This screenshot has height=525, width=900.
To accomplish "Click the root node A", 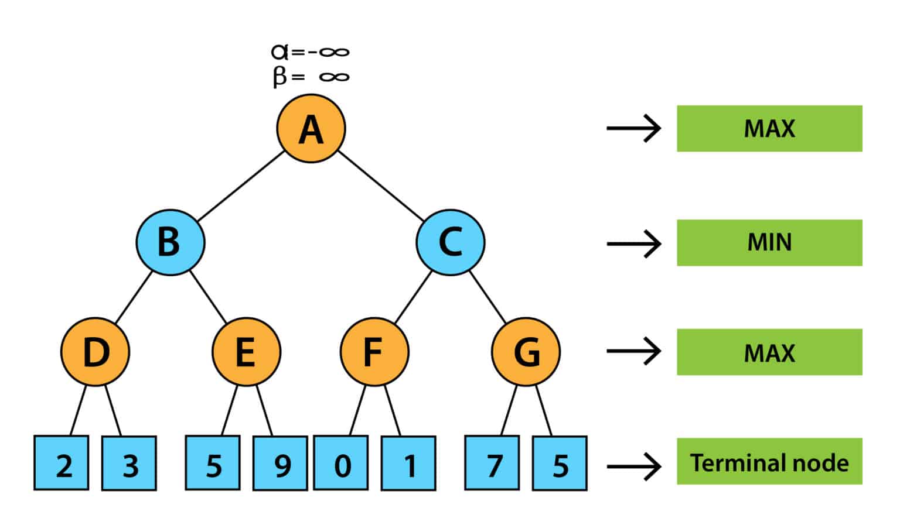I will click(x=311, y=129).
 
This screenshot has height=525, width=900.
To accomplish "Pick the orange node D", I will click(x=95, y=352).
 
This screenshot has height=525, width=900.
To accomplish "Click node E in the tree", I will click(x=246, y=352).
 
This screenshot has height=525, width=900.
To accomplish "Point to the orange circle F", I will click(x=374, y=352).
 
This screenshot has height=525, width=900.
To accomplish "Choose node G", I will click(x=526, y=352).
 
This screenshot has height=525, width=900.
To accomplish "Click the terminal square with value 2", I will click(x=62, y=463).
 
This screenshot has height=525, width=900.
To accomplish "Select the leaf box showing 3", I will click(x=129, y=463).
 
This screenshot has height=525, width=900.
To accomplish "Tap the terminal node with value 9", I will click(x=281, y=463).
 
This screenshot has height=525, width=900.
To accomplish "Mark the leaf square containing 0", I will click(x=341, y=463).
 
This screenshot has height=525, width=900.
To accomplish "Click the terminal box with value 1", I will click(x=408, y=463).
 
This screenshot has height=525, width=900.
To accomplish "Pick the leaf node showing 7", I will click(x=492, y=463).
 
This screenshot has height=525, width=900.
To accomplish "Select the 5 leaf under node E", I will click(x=213, y=463).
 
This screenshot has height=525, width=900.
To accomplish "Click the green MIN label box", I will click(x=769, y=243).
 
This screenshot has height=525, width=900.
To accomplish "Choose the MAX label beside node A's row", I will click(x=769, y=129).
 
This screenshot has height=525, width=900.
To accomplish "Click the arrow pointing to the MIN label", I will click(x=633, y=243).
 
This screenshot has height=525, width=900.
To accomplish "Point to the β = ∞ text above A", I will click(x=311, y=77).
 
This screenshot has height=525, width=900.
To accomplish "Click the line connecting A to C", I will click(x=381, y=186).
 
